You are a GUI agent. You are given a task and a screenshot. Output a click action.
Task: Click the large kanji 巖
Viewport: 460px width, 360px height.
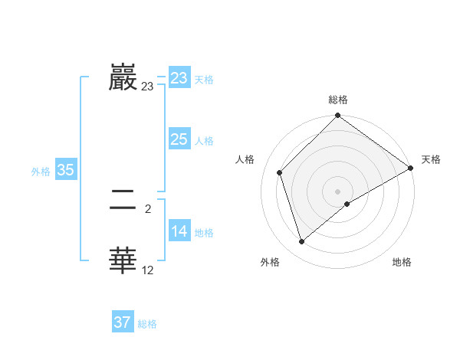click(x=123, y=77)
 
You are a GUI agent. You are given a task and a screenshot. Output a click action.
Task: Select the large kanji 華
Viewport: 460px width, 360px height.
click(x=123, y=260)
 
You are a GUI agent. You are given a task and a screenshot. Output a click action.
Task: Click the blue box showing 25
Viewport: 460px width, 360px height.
click(x=179, y=139)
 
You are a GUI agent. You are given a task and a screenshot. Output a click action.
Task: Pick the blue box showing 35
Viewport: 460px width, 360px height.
click(x=65, y=170)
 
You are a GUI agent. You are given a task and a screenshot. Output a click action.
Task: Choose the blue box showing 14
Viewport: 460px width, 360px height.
click(x=179, y=231)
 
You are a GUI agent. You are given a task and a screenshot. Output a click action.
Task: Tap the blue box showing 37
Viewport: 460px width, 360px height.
click(x=123, y=322)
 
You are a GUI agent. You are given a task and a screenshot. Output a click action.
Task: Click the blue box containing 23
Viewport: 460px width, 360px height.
click(x=179, y=78)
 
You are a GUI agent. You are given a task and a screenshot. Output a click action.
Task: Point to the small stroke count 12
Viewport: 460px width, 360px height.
click(x=147, y=270)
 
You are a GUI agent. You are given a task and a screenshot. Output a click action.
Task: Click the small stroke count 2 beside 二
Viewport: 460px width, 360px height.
click(x=147, y=208)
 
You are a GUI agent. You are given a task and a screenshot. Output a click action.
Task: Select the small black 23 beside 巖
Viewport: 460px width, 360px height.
click(x=147, y=87)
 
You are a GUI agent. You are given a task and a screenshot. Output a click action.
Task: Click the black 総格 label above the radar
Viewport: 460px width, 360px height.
click(x=338, y=100)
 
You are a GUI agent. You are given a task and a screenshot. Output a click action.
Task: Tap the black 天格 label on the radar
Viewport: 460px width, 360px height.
click(x=431, y=159)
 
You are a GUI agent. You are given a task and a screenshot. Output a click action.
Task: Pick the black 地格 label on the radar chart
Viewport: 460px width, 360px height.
click(x=402, y=262)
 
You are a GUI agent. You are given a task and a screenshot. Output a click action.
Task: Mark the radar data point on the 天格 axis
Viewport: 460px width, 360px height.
click(x=411, y=168)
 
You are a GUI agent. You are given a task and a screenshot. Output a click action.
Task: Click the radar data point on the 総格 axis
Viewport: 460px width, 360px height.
click(x=338, y=116)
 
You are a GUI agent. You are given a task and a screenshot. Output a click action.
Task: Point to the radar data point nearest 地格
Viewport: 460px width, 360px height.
click(x=347, y=203)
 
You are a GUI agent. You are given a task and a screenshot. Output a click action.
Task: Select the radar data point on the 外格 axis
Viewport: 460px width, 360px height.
click(x=302, y=241)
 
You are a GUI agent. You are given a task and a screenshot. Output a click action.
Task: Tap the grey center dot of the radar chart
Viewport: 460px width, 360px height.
click(x=338, y=191)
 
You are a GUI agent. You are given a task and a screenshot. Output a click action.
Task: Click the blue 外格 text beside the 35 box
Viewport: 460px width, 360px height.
click(x=41, y=172)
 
